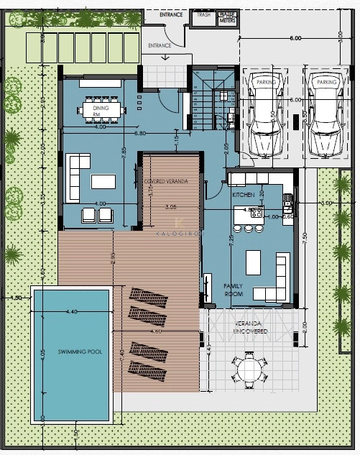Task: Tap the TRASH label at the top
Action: (x=203, y=14)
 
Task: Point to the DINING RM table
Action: (x=101, y=109)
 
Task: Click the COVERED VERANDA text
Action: (x=166, y=182)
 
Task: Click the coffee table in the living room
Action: (x=103, y=180)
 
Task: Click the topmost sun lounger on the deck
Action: (x=149, y=296)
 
